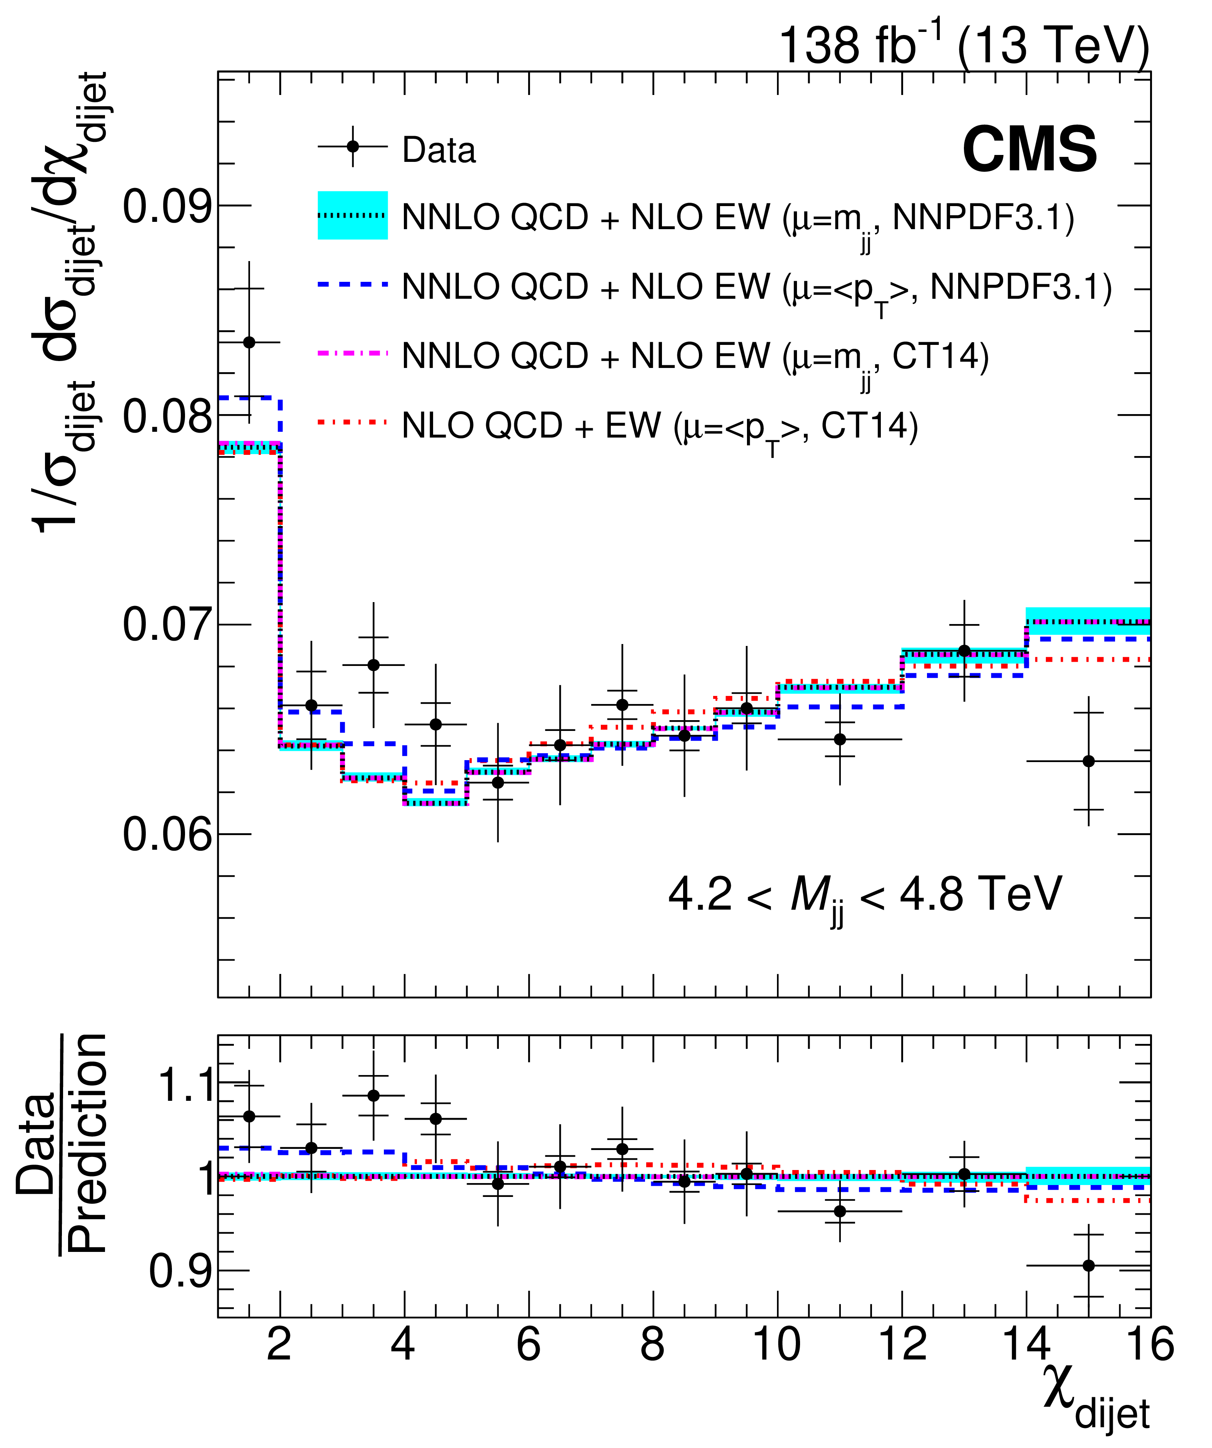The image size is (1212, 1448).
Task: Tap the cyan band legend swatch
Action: tap(352, 215)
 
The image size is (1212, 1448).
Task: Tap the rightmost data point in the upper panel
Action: tap(1089, 761)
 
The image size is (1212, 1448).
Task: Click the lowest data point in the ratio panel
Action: tap(1089, 1265)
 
